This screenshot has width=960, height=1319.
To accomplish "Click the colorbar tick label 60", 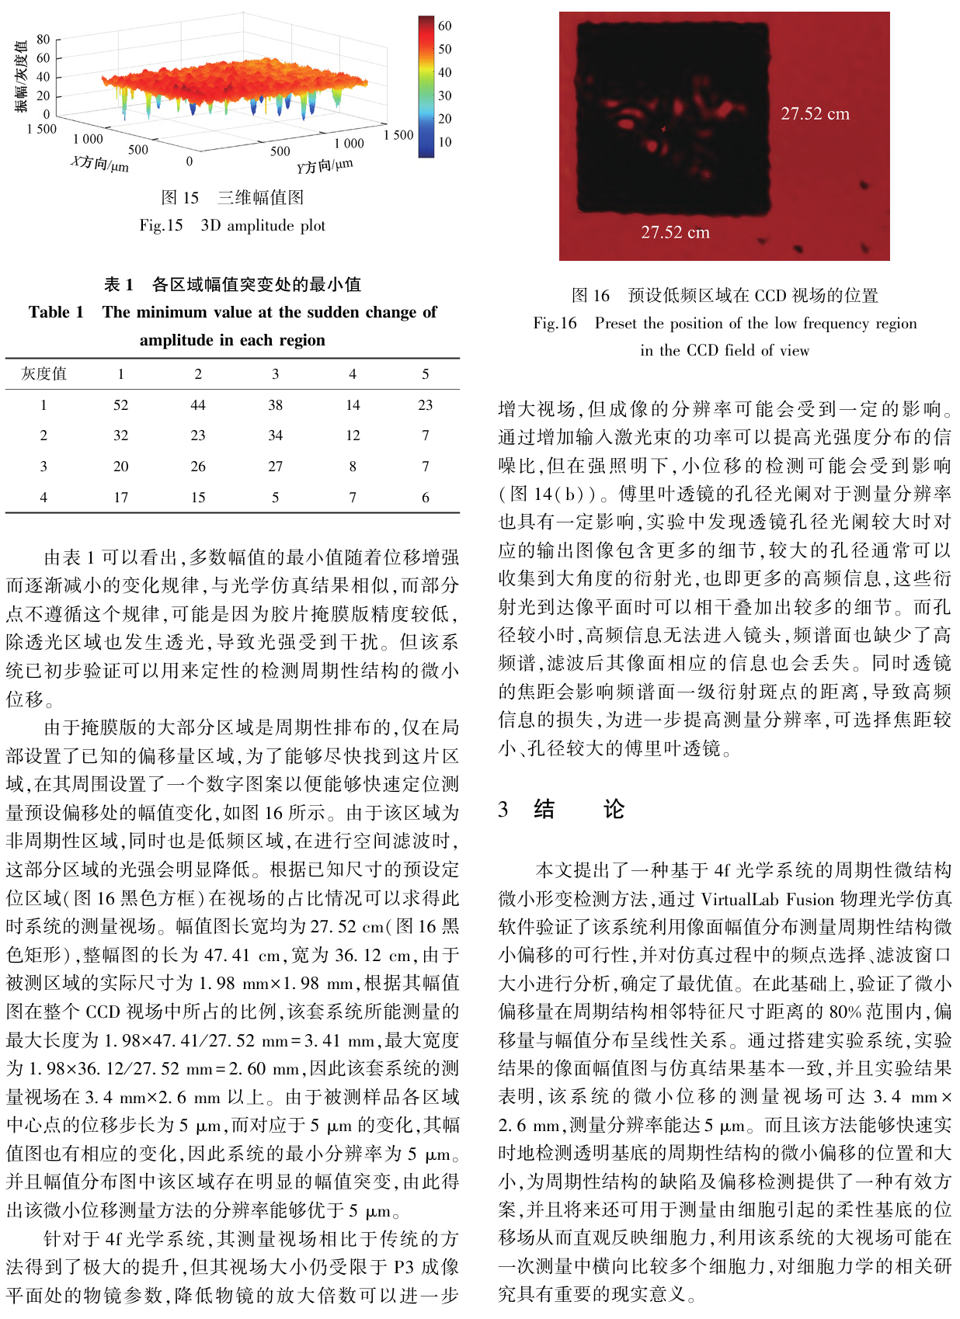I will (444, 26).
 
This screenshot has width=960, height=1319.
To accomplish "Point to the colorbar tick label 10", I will (444, 142).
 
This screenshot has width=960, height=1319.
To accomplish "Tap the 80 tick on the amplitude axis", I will (43, 40).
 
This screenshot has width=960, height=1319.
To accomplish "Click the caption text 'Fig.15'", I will (161, 226).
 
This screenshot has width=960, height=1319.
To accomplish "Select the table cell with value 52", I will (120, 405).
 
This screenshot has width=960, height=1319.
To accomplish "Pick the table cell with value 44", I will (198, 405).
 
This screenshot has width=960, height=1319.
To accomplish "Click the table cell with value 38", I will (275, 405).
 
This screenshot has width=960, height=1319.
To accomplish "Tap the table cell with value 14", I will (353, 405).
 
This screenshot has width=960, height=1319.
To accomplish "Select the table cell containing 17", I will (120, 498).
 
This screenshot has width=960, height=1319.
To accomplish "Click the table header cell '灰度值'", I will (43, 374).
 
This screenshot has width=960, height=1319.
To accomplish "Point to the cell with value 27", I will (275, 467).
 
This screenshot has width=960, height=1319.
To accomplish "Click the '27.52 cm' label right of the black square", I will (815, 114).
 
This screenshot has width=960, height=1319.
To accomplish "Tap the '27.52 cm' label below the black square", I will (675, 232).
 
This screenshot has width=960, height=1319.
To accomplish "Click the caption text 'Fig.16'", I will (555, 324).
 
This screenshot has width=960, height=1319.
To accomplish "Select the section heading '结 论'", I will (579, 810).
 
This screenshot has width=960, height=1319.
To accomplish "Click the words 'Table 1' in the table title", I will (56, 312).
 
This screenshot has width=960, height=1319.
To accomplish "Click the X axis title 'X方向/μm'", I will (99, 163).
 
